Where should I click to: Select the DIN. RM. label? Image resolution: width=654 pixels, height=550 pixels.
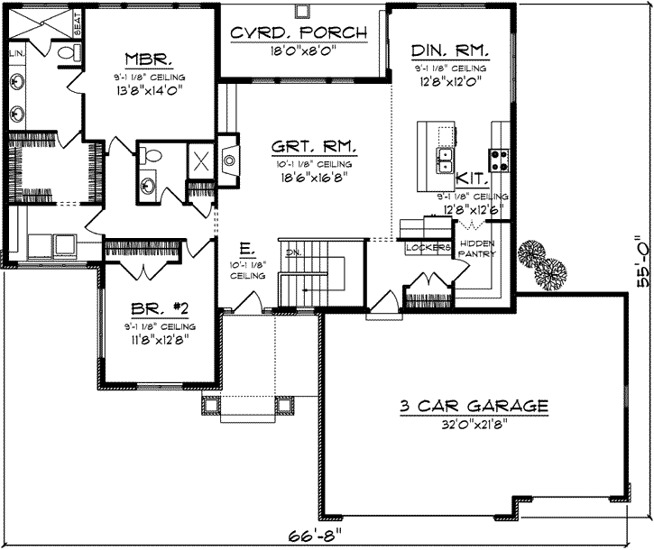(449, 50)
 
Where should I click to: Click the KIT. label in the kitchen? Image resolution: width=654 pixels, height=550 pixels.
(473, 179)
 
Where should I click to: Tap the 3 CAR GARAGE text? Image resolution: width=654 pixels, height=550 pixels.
(474, 407)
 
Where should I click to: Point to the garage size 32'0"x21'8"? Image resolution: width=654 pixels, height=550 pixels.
(474, 425)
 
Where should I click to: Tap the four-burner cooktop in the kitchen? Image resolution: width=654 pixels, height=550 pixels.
(499, 160)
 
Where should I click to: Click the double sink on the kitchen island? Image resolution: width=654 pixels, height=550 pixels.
(445, 160)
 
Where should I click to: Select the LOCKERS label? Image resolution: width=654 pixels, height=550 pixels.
(427, 246)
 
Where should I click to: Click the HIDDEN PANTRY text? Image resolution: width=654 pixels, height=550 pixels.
(475, 250)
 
